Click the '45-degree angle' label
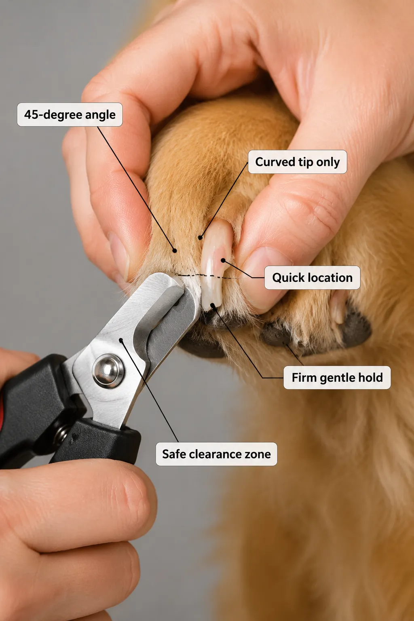pyautogui.click(x=70, y=114)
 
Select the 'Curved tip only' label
pyautogui.click(x=297, y=162)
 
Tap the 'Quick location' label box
pyautogui.click(x=312, y=277)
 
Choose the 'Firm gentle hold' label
pyautogui.click(x=337, y=377)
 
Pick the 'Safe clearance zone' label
pyautogui.click(x=216, y=454)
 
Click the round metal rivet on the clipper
pyautogui.click(x=108, y=371)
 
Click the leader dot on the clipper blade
pyautogui.click(x=121, y=340)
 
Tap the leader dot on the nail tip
pyautogui.click(x=213, y=305)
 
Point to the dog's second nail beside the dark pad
pyautogui.click(x=339, y=307)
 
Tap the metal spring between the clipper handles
pyautogui.click(x=61, y=431)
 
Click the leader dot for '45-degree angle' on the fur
pyautogui.click(x=174, y=251)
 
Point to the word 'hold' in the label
pyautogui.click(x=371, y=377)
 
